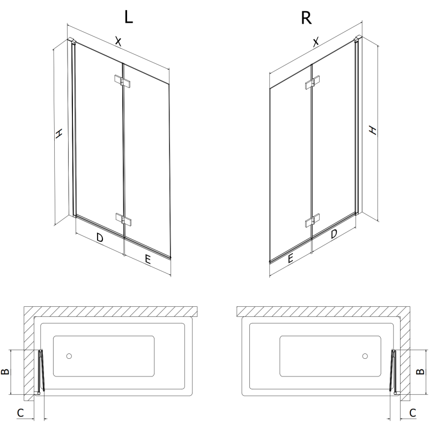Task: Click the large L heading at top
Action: (x=128, y=17)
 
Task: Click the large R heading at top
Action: (x=306, y=18)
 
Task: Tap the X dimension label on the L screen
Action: (x=119, y=41)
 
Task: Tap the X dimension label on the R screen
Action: (x=316, y=41)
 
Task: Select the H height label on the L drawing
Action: (x=60, y=134)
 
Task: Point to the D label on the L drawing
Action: (x=100, y=238)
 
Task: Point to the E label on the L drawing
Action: (x=149, y=259)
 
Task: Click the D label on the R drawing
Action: (x=334, y=234)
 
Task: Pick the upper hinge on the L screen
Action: (x=123, y=81)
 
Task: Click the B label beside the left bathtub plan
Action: (x=6, y=372)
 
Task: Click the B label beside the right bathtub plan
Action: (x=421, y=371)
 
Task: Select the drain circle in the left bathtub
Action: (x=69, y=356)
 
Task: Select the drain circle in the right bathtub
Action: (x=365, y=356)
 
